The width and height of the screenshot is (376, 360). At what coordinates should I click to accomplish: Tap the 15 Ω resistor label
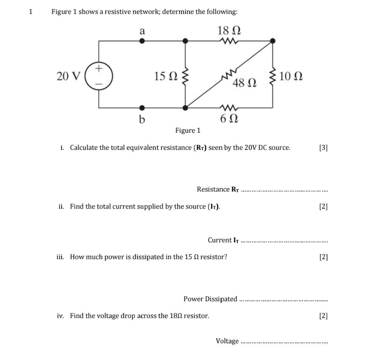coord(165,77)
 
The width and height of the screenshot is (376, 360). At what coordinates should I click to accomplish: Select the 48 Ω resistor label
coord(244,84)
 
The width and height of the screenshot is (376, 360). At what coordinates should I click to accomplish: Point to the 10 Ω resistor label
coord(291,77)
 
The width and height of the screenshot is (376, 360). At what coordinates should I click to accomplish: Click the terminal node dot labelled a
coord(142,41)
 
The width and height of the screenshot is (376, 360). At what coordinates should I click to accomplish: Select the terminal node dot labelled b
coord(142,108)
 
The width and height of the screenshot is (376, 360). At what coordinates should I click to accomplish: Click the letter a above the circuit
coord(142,31)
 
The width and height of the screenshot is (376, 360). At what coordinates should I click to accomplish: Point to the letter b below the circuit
coord(142,119)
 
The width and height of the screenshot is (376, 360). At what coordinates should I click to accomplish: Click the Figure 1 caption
coord(188,130)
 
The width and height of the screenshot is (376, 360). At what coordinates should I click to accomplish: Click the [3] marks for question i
coord(323,148)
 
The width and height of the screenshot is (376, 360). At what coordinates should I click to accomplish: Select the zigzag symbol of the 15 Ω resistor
coord(186,77)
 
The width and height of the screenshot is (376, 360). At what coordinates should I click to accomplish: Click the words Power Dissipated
coord(210,299)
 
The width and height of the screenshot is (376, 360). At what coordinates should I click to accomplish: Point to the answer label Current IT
coord(223,240)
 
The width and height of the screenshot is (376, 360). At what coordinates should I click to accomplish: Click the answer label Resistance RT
coord(218,190)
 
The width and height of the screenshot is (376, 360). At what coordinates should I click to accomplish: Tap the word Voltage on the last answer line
coord(227,341)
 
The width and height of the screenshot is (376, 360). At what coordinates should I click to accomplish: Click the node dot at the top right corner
coord(273,41)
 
